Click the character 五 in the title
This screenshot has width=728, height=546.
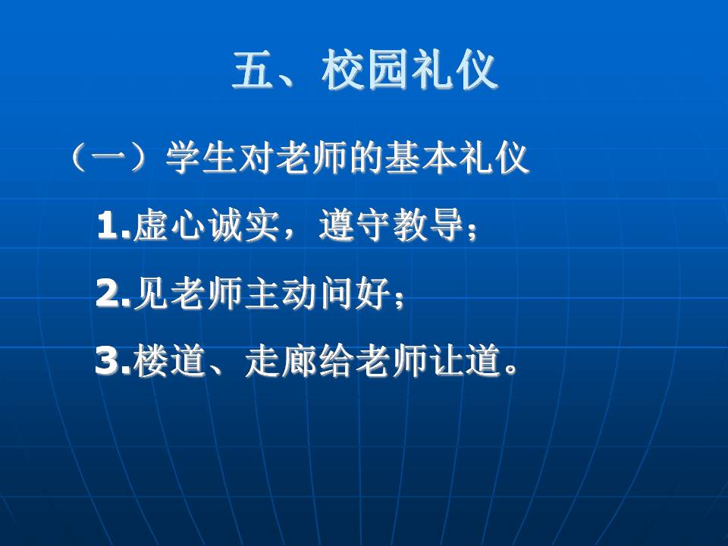[253, 70]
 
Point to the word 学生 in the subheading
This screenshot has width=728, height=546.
[201, 158]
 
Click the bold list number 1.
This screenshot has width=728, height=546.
[109, 226]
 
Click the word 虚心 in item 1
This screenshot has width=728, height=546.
[169, 226]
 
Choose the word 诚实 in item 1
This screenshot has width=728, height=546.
[243, 226]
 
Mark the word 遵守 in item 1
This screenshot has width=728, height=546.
[354, 226]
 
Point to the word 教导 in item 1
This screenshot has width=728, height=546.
[428, 226]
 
